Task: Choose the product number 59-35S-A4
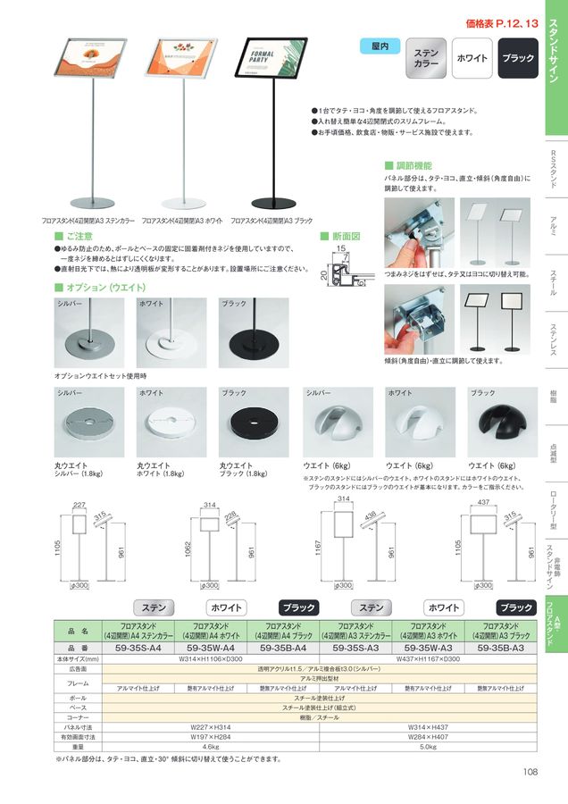(133, 648)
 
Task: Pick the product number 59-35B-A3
(505, 648)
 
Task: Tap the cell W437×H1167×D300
(428, 658)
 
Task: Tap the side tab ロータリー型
(553, 506)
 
